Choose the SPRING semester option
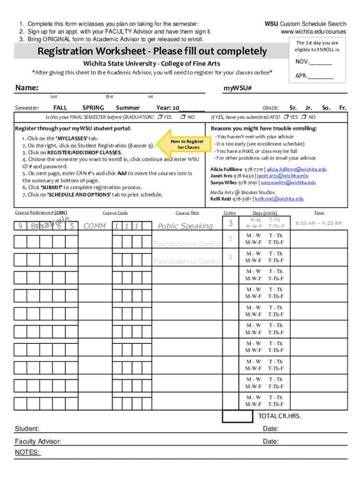pos(93,108)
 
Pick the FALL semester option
pos(60,108)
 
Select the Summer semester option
pos(128,108)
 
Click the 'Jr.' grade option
pos(309,108)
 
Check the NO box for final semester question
pos(183,117)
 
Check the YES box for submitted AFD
pos(287,117)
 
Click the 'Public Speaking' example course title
pos(185,226)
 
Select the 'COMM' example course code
pos(94,226)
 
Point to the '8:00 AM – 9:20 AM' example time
pos(319,224)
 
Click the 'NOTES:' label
pos(28,452)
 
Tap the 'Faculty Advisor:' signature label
pos(37,442)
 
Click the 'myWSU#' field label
pos(238,88)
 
